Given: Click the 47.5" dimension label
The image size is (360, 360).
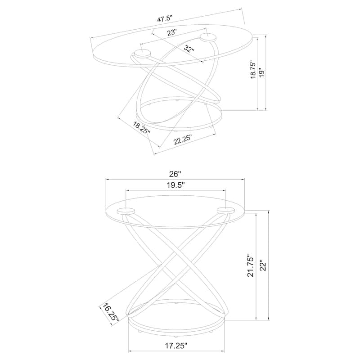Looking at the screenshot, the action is [164, 18].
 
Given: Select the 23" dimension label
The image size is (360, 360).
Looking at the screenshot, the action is [171, 32].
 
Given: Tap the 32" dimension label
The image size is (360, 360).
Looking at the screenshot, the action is [189, 49].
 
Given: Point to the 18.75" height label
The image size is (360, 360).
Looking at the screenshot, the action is [253, 70].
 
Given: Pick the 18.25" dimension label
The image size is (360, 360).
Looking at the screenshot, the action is [142, 128].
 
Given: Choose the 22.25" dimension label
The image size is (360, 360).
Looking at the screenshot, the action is [182, 139].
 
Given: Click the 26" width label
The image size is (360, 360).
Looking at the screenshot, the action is [175, 174].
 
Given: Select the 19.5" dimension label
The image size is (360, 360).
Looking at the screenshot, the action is [175, 185].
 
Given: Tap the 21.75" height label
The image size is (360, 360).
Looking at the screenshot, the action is [251, 265].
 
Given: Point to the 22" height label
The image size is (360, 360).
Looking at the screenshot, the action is [263, 265].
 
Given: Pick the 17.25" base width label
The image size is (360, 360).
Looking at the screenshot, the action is [176, 345].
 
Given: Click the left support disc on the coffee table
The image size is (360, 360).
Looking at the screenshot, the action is [143, 54].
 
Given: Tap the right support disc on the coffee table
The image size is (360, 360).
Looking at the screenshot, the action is [208, 38].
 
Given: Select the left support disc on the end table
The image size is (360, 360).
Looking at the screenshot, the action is [126, 211].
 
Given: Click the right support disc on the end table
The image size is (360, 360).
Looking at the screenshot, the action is [226, 210].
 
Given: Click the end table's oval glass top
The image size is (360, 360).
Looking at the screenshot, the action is [175, 211].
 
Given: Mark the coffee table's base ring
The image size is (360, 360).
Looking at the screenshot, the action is [179, 114].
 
